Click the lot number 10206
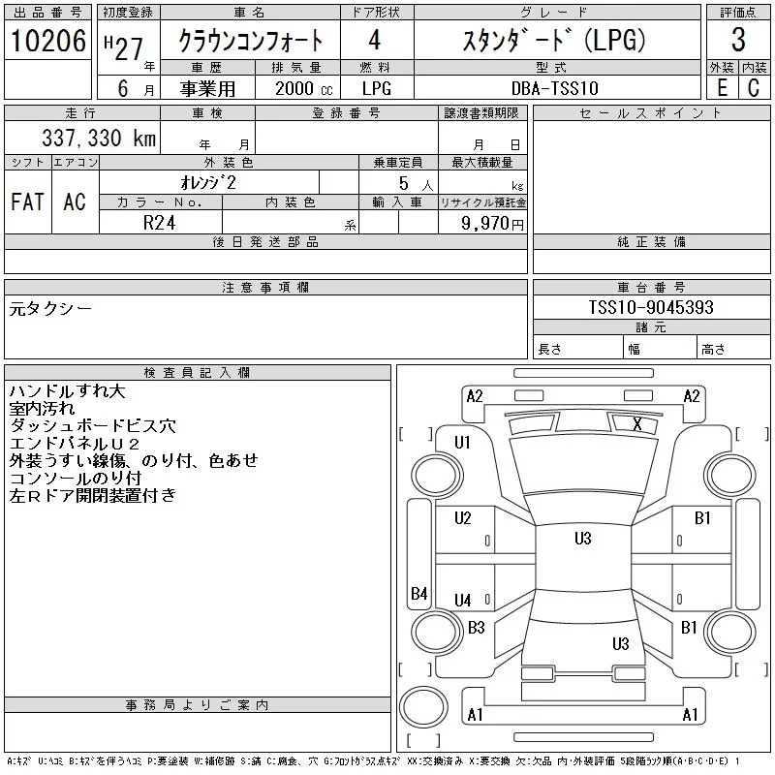pos(48,42)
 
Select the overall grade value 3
pos(737,41)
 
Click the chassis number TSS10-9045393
pos(651,307)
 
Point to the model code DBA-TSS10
pos(555,87)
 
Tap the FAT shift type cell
pos(27,201)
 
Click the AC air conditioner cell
pos(75,201)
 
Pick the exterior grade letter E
pos(721,87)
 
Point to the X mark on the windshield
pos(636,423)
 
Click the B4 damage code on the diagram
pos(418,593)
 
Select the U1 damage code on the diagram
pos(462,443)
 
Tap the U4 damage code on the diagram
pos(462,601)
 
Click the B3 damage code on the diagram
pos(476,628)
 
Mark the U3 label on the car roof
pos(582,539)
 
